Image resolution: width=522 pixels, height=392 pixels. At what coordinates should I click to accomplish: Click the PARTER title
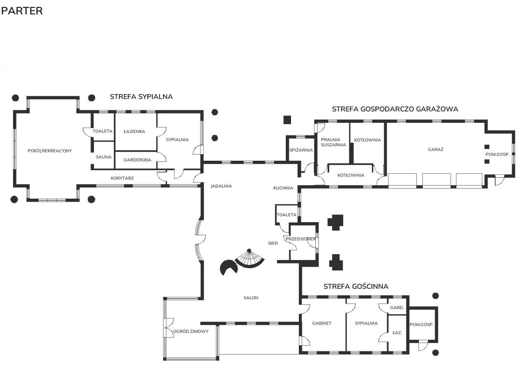[22, 11]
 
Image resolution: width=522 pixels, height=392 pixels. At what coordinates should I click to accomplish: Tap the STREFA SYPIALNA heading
[141, 97]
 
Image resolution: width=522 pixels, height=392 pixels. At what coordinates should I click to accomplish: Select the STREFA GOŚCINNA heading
[356, 286]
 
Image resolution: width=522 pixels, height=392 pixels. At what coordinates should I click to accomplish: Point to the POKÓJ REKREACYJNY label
[50, 151]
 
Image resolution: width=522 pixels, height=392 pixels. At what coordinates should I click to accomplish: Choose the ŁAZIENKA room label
[134, 131]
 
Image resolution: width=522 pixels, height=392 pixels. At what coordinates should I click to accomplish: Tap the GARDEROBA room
[137, 160]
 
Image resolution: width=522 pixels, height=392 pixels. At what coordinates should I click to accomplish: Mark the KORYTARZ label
[122, 178]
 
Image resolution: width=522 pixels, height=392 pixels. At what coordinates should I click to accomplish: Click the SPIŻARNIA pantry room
[301, 150]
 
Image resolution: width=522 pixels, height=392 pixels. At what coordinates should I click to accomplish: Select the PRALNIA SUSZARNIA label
[333, 142]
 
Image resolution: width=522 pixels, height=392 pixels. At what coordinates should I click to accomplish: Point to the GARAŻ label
[435, 149]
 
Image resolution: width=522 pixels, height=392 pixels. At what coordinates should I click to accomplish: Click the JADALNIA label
[221, 186]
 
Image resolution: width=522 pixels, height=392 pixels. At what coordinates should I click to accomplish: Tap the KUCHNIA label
[283, 188]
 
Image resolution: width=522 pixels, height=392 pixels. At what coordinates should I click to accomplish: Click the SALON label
[251, 297]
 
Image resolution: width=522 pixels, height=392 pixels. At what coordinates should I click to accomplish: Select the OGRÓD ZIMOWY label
[191, 331]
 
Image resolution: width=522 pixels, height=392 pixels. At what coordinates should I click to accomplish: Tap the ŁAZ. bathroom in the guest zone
[397, 333]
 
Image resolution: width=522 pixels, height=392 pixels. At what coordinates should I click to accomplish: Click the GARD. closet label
[397, 308]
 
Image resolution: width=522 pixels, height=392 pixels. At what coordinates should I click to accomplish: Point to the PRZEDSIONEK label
[301, 239]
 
